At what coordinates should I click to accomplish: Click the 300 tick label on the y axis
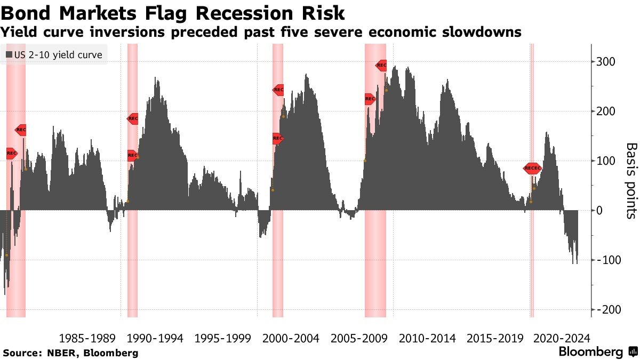pyautogui.click(x=607, y=62)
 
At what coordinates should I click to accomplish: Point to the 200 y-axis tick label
pyautogui.click(x=607, y=111)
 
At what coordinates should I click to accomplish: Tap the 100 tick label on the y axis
pyautogui.click(x=607, y=161)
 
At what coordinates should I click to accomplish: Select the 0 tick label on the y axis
pyautogui.click(x=600, y=211)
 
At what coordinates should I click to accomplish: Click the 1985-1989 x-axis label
pyautogui.click(x=87, y=338)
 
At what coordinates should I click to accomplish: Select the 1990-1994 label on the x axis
pyautogui.click(x=155, y=338)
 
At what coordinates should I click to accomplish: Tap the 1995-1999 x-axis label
pyautogui.click(x=223, y=338)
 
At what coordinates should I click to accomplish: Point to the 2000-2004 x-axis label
pyautogui.click(x=291, y=338)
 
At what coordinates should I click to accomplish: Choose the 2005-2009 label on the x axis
pyautogui.click(x=359, y=338)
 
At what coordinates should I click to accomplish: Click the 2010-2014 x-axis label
pyautogui.click(x=427, y=338)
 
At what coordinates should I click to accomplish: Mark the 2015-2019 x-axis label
pyautogui.click(x=495, y=338)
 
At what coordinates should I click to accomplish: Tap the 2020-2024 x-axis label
pyautogui.click(x=562, y=338)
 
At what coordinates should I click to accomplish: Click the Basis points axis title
pyautogui.click(x=630, y=180)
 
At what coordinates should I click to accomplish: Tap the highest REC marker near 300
pyautogui.click(x=381, y=65)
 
